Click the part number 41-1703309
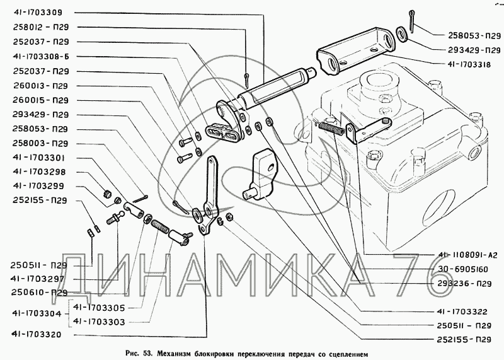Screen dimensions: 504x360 coord(38,13)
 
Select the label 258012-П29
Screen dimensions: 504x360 coord(41,27)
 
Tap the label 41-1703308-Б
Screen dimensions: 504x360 coord(41,57)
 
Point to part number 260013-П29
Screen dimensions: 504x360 coord(40,86)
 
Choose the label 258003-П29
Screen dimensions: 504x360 coord(40,144)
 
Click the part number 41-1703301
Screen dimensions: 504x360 coord(39,158)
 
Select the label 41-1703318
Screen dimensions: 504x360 coord(469,65)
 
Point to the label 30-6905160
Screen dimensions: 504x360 coord(463,269)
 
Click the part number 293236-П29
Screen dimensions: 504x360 coord(464,284)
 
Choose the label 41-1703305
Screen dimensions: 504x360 coord(99,308)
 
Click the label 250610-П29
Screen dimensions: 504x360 coord(39,293)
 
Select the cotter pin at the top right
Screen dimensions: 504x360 coord(412,21)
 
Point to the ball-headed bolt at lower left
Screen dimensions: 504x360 coord(115,218)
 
